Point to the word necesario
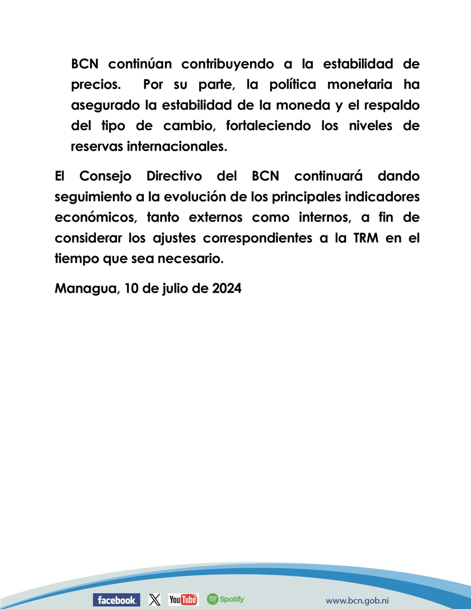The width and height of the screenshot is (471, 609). tap(192, 258)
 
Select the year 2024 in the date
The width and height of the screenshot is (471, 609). tap(227, 288)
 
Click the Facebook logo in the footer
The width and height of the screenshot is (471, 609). tap(116, 599)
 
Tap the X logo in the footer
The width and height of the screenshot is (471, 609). tap(155, 599)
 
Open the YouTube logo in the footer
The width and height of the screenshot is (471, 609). tap(183, 599)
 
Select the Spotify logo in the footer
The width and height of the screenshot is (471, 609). tap(226, 599)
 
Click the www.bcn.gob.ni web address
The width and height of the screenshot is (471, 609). tap(357, 600)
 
